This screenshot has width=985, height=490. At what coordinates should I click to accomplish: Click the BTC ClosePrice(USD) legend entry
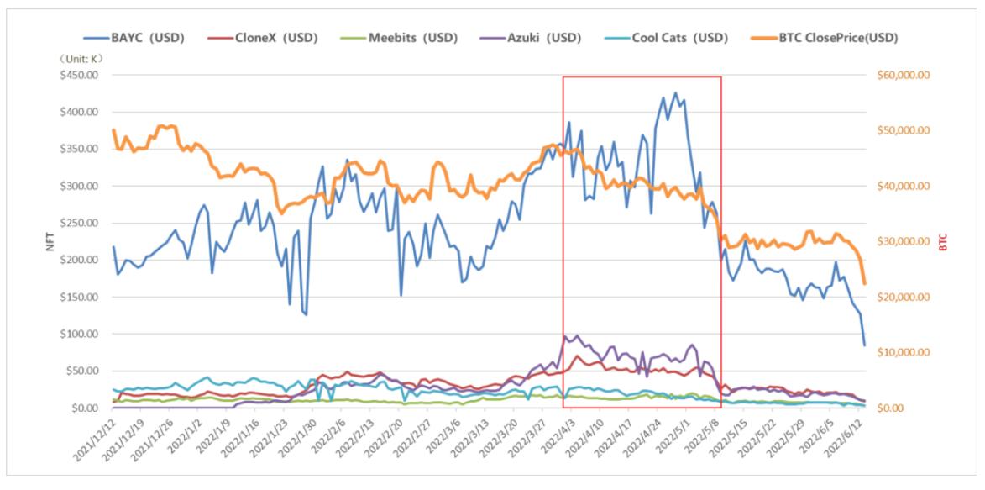tap(831, 38)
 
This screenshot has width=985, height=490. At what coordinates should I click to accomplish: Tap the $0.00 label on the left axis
tap(82, 408)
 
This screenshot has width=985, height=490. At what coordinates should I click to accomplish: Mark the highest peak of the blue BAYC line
tap(675, 92)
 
